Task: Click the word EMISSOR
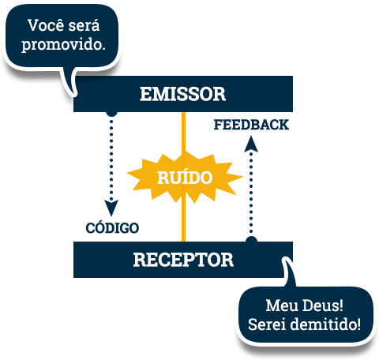(182, 94)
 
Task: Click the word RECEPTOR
(183, 260)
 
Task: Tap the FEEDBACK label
(251, 125)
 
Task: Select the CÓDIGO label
(112, 227)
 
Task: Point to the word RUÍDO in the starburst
(185, 178)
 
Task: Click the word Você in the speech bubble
(46, 25)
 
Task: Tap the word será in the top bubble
(84, 25)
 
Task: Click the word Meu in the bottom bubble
(282, 306)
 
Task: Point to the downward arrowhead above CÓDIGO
(111, 208)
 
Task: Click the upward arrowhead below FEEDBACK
(251, 144)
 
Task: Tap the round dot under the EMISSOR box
(111, 114)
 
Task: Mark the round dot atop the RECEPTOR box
(251, 239)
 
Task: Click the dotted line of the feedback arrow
(251, 193)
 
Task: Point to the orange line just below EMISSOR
(183, 132)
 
